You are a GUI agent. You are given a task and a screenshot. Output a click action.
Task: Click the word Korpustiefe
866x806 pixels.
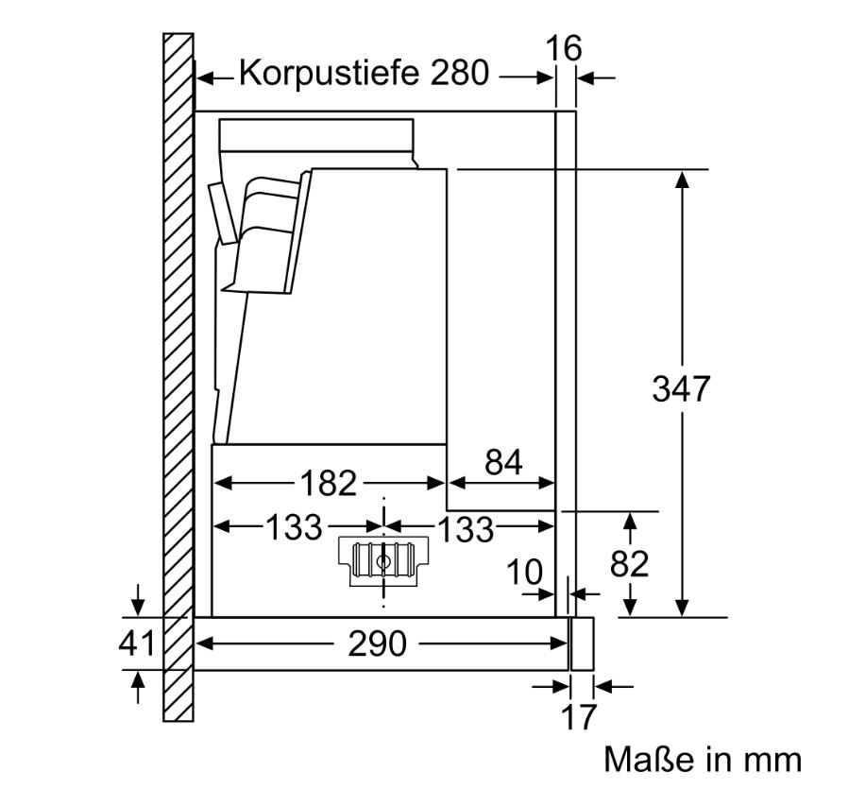(x=330, y=73)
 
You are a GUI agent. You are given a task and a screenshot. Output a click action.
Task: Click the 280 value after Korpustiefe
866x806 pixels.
(x=460, y=73)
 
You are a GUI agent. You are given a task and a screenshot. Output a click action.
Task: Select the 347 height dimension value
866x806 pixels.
(x=680, y=388)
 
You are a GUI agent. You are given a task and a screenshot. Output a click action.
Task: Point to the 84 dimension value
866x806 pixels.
(x=503, y=462)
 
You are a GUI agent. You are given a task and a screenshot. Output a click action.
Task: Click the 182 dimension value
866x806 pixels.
(x=329, y=483)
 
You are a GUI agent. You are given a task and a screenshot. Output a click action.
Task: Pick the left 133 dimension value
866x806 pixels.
(x=294, y=527)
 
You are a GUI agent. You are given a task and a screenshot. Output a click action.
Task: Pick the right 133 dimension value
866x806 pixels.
(x=466, y=529)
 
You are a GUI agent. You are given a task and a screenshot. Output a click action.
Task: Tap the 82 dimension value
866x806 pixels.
(x=629, y=564)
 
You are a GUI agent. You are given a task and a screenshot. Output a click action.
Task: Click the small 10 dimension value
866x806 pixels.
(x=525, y=572)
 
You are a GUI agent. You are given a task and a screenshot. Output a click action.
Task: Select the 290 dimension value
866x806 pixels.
(x=377, y=643)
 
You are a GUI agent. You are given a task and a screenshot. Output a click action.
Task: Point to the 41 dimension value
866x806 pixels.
(x=136, y=643)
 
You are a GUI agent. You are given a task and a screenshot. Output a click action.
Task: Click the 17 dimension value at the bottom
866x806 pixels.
(x=579, y=716)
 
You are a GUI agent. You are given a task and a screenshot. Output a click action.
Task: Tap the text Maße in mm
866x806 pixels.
(x=703, y=759)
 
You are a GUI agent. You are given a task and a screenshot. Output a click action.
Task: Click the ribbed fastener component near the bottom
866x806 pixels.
(x=383, y=560)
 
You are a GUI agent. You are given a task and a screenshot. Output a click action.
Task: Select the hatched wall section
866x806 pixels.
(x=178, y=377)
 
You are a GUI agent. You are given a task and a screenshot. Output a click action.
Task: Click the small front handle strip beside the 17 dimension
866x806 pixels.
(x=582, y=643)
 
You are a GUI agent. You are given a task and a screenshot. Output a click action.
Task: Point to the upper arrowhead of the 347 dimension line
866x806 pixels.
(x=682, y=180)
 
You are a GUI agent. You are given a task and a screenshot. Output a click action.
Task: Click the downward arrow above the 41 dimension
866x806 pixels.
(x=138, y=600)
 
